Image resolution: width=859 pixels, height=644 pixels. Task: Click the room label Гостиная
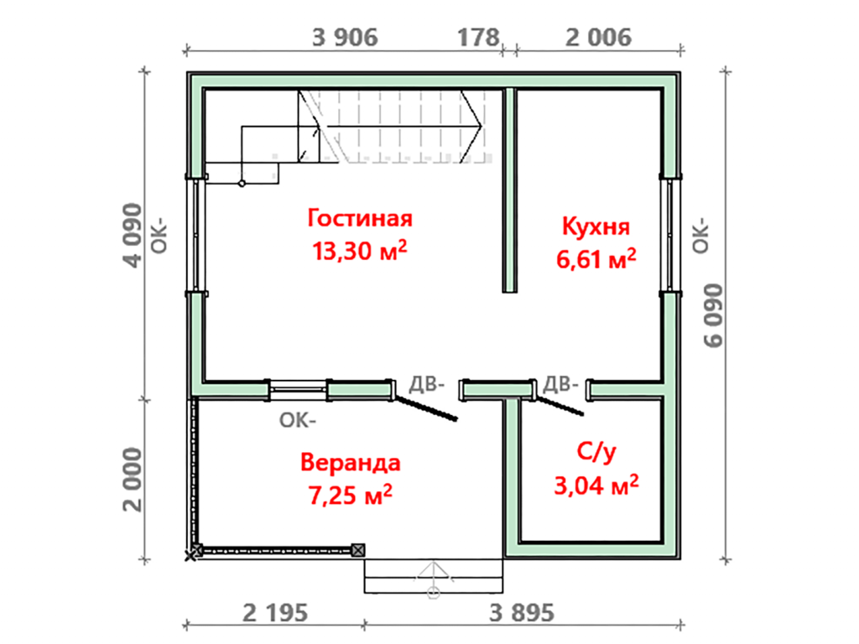tap(359, 218)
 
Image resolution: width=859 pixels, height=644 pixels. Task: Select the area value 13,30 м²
tap(359, 251)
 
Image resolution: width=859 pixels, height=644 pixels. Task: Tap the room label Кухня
tap(596, 226)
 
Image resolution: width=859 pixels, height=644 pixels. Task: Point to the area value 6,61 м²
tap(596, 258)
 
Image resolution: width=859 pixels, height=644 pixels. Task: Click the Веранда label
tap(351, 462)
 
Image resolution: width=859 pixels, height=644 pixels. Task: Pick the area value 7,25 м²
tap(351, 495)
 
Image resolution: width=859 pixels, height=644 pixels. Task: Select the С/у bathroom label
tap(596, 452)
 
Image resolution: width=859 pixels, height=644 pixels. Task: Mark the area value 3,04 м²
tap(596, 486)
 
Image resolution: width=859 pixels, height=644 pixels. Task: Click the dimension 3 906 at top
tap(345, 38)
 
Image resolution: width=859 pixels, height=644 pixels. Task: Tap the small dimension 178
tap(479, 38)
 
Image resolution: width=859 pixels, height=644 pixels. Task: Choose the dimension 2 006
tap(598, 38)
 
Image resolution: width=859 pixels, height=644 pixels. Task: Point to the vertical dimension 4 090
tap(133, 236)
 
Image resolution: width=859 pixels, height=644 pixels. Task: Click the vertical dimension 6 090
tap(713, 315)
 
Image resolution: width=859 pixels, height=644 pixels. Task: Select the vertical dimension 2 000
tap(133, 480)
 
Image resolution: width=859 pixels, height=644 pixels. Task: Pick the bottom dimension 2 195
tap(275, 613)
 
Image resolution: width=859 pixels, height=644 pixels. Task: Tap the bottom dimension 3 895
tap(522, 613)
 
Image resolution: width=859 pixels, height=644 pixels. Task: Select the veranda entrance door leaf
tap(425, 408)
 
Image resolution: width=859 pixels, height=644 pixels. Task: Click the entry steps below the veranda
tap(434, 575)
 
